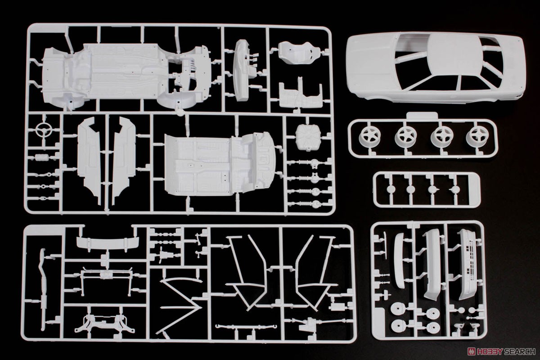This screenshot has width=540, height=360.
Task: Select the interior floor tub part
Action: click(220, 164)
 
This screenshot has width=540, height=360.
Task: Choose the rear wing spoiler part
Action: click(108, 243)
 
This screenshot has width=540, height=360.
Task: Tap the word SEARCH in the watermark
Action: click(516, 352)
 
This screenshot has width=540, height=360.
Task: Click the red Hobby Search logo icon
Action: click(470, 352)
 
